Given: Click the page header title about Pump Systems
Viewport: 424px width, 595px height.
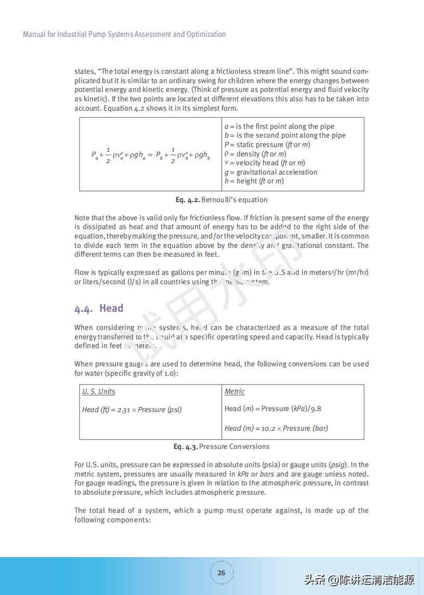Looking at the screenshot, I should tap(124, 34).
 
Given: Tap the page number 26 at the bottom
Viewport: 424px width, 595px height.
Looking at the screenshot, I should tap(221, 573).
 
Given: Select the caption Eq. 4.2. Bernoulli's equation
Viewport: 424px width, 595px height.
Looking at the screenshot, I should tap(221, 200).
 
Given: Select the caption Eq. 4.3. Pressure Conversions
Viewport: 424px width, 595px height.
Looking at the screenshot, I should tap(221, 446).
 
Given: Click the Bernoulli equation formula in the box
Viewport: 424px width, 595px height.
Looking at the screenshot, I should tap(151, 155).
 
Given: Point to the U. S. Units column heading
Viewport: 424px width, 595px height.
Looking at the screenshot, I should tap(99, 391).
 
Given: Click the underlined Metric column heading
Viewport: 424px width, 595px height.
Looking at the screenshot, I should tap(234, 391).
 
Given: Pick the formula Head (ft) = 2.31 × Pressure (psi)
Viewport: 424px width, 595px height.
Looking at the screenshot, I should tap(132, 409).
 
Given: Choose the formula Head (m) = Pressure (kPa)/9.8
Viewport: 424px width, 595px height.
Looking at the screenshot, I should tap(273, 408).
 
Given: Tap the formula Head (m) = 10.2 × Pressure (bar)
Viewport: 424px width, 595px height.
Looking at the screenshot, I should tap(276, 428).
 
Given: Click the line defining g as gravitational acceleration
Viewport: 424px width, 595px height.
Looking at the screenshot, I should tap(271, 172).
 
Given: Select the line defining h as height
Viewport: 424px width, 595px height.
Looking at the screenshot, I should tap(254, 181).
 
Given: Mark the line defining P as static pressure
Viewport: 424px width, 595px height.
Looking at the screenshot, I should tap(267, 144).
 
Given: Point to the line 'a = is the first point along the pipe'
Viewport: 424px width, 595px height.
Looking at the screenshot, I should tap(279, 126).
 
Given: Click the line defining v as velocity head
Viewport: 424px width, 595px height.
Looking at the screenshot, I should tap(264, 163).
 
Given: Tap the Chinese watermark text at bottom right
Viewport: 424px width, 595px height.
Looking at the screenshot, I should tap(359, 579).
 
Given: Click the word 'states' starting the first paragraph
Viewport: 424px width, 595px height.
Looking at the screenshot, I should tap(84, 72).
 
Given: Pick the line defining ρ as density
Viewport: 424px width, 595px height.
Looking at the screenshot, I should tap(255, 154).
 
